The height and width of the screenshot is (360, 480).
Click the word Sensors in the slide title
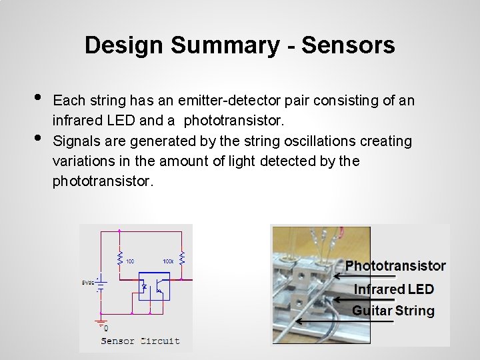point(348,45)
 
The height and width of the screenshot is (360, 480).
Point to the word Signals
point(74,141)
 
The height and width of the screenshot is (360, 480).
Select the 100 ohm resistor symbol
point(119,258)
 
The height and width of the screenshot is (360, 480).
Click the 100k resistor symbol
point(181,258)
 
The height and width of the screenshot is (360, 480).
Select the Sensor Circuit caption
point(140,341)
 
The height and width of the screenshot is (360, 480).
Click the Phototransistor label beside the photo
point(395,265)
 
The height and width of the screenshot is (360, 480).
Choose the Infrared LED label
point(393,289)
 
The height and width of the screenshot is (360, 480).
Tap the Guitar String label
point(393,311)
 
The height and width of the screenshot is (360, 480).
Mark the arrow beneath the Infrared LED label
point(365,299)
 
